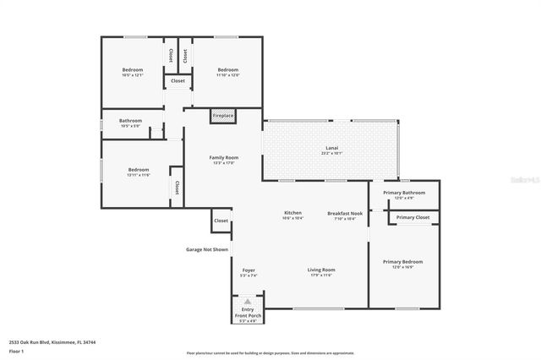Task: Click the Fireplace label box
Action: [x=223, y=116]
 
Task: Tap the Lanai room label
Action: [x=332, y=150]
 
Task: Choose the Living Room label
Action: [x=321, y=271]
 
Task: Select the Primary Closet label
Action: [x=413, y=217]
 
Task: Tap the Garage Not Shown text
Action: [x=207, y=249]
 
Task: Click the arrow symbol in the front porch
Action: [x=248, y=301]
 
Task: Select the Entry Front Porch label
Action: [x=248, y=314]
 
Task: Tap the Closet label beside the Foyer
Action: [x=221, y=221]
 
